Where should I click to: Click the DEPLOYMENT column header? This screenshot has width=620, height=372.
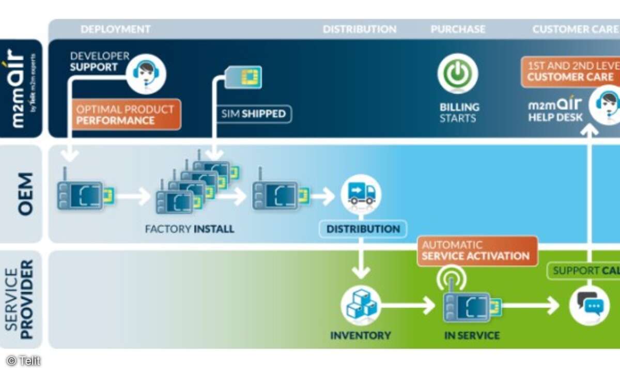click(115, 29)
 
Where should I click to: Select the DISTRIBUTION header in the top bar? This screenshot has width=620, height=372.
click(360, 29)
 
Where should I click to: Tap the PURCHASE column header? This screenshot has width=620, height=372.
click(458, 29)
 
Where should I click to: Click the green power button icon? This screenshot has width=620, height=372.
click(457, 74)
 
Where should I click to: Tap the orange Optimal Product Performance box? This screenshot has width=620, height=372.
click(126, 115)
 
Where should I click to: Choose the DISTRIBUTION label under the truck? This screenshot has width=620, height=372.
click(363, 229)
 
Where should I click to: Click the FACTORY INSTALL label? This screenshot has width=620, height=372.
click(190, 229)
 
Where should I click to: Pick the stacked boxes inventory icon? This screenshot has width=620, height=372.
click(361, 305)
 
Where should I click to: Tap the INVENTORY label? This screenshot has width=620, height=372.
click(361, 336)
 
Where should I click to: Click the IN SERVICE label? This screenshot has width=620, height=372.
click(472, 336)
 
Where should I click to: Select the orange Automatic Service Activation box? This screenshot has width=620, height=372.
click(476, 251)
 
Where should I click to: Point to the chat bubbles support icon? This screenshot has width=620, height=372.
click(588, 305)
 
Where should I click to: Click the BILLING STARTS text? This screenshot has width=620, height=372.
click(459, 113)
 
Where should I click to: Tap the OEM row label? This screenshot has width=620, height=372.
click(25, 194)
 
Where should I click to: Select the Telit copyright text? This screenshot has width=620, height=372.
click(23, 361)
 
